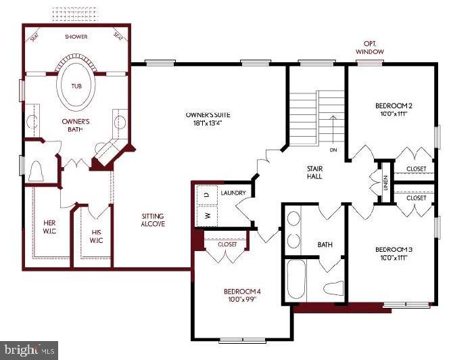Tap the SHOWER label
75,37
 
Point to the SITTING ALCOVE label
153,221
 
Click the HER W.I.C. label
49,227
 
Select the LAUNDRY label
233,193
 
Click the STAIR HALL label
313,172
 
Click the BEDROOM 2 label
393,110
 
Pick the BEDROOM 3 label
393,254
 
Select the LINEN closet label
385,183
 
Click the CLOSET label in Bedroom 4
227,244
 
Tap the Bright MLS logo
28,351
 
